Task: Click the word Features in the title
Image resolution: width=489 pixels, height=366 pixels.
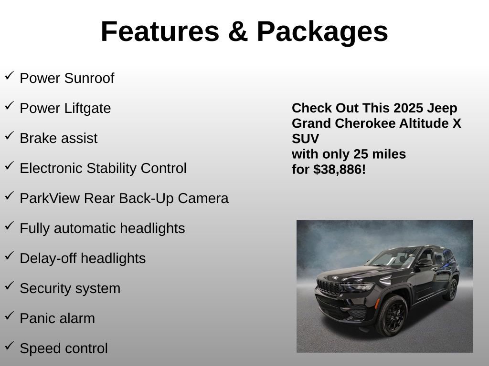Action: (159, 32)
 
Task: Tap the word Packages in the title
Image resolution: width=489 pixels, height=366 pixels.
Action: (322, 32)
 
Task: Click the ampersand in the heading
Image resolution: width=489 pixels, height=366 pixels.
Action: (237, 32)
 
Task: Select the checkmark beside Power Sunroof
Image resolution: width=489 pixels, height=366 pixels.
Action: (9, 76)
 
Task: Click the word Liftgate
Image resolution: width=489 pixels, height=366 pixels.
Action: (88, 109)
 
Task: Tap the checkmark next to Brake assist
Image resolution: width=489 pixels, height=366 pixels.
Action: (9, 136)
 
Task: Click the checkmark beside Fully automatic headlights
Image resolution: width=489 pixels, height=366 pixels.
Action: (9, 226)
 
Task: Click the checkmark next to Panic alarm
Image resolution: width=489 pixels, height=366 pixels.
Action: (9, 316)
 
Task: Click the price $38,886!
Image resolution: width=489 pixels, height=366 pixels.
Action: (340, 169)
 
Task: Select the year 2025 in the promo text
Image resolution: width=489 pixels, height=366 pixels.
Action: (408, 108)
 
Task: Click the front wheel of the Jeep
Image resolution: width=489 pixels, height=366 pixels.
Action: (392, 315)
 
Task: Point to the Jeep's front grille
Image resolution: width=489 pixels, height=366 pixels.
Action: (328, 288)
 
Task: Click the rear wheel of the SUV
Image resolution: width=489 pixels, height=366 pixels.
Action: (451, 289)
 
